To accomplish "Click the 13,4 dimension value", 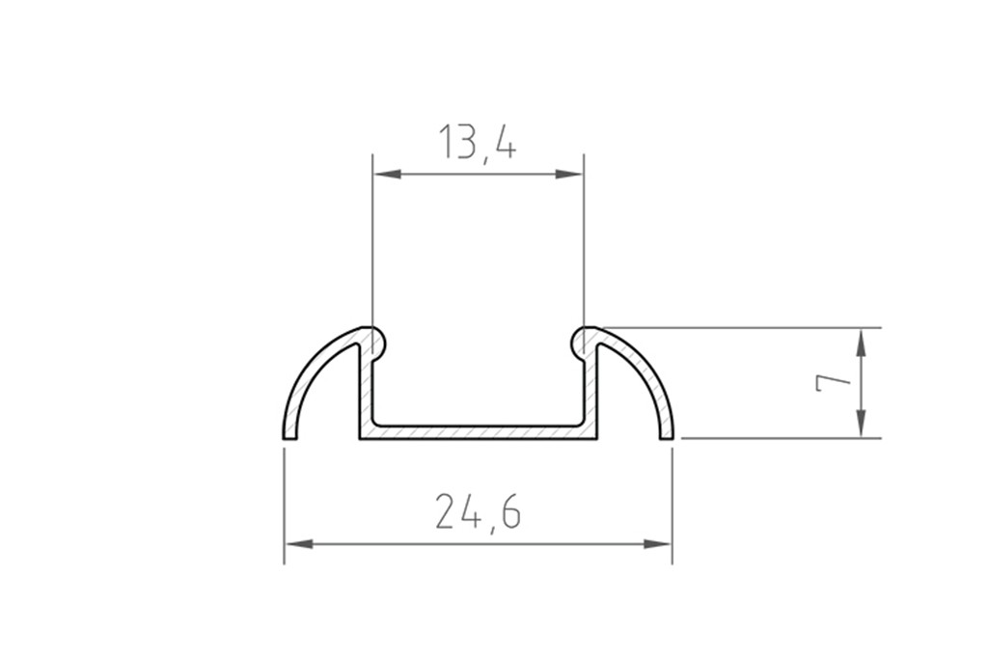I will pos(478,143).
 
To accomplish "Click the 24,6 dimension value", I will pos(478,512).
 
